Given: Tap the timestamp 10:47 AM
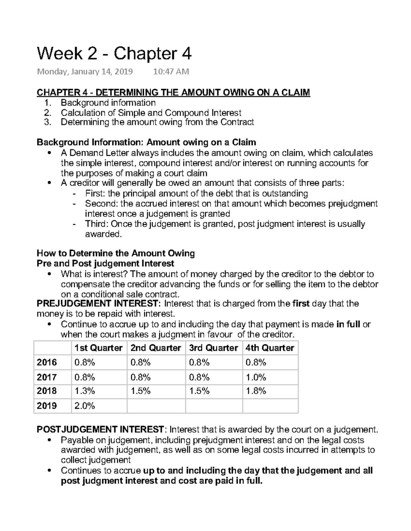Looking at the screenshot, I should point(171,71).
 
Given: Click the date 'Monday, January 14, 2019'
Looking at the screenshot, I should point(85,71).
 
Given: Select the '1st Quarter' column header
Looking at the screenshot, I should point(98,348).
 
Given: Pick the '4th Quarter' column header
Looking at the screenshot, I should point(270,348).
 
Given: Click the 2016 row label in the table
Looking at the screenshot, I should point(47,362).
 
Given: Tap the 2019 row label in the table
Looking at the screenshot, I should point(47,406).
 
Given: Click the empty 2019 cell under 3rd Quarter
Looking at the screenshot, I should point(214,406).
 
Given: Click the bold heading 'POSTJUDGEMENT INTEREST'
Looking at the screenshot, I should point(100,429).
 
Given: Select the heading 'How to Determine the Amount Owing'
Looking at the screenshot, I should point(116,253).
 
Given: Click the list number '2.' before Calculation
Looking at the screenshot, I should point(48,113).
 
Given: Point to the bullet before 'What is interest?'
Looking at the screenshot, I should point(50,274).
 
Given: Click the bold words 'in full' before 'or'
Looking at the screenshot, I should point(348,324).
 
